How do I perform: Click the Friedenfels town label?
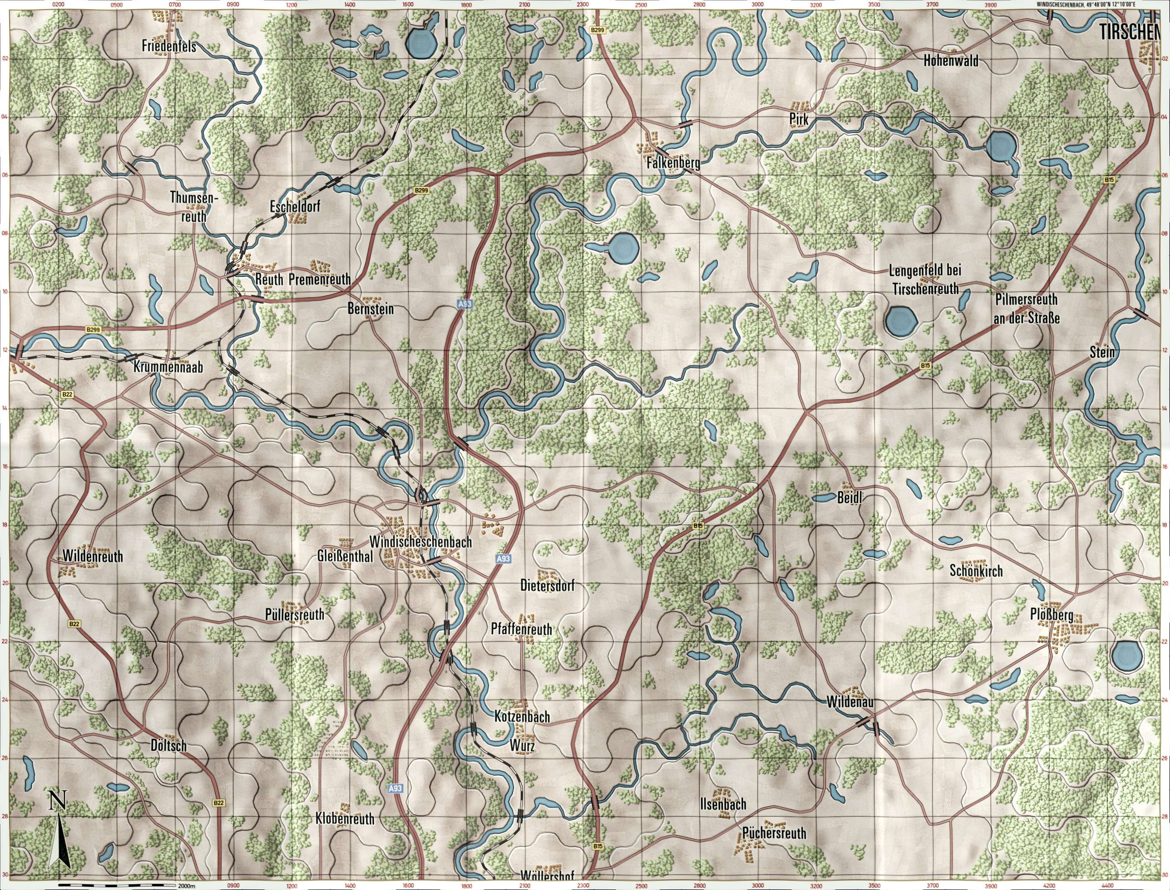coord(169,46)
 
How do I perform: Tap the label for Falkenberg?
coord(673,164)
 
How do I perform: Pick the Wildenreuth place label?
coord(93,556)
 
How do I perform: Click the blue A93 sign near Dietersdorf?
coord(504,559)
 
